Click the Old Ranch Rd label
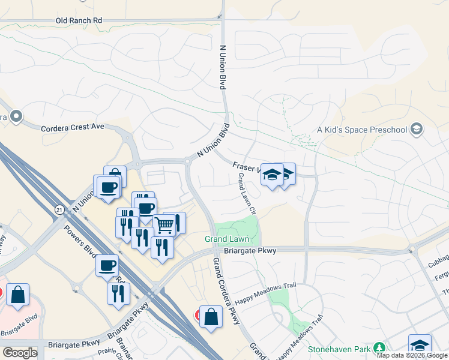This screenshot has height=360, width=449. (x=79, y=20)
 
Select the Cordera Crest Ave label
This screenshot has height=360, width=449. (x=73, y=127)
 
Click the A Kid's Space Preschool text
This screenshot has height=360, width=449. (x=362, y=130)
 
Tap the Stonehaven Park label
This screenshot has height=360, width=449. (x=340, y=348)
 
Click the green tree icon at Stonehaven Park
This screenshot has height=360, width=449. (x=379, y=348)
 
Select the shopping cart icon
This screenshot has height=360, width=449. (x=164, y=224)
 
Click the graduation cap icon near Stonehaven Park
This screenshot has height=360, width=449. (x=420, y=345)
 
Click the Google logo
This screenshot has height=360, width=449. (x=20, y=352)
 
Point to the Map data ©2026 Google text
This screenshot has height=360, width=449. (x=412, y=355)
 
